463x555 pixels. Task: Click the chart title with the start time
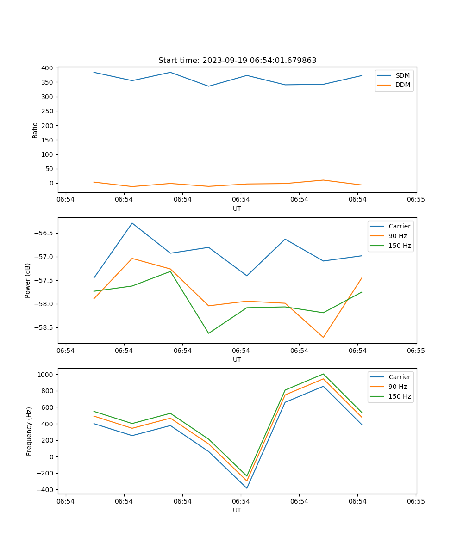tap(237, 61)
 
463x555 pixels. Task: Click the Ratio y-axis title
tap(35, 130)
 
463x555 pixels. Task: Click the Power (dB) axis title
tap(28, 280)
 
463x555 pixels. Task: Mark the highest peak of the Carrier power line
tap(132, 223)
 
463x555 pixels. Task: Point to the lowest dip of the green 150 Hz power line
tap(208, 333)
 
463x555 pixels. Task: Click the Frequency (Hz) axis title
tap(29, 431)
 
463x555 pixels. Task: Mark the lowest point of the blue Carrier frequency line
tap(247, 488)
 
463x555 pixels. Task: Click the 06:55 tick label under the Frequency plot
tap(416, 501)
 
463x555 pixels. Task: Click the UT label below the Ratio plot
tap(237, 209)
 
